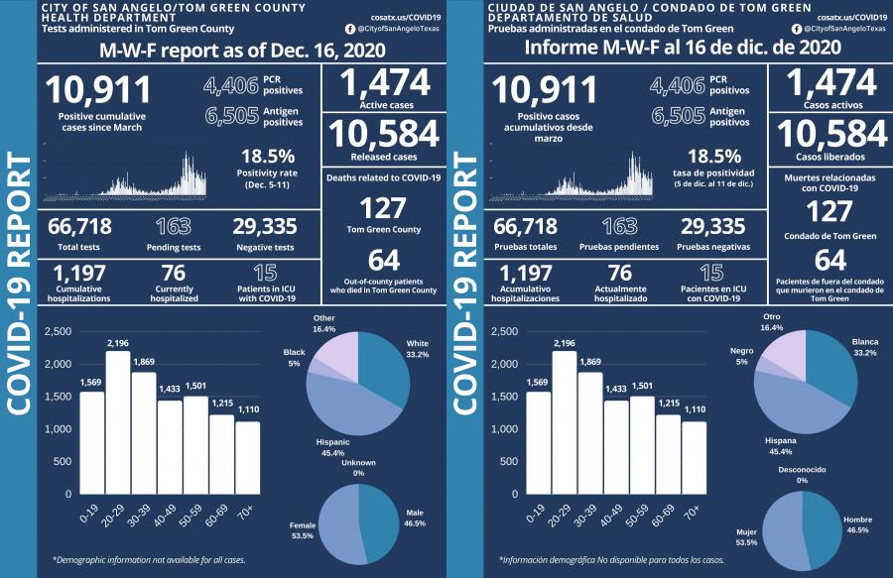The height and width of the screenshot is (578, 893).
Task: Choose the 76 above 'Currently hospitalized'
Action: point(174,276)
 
